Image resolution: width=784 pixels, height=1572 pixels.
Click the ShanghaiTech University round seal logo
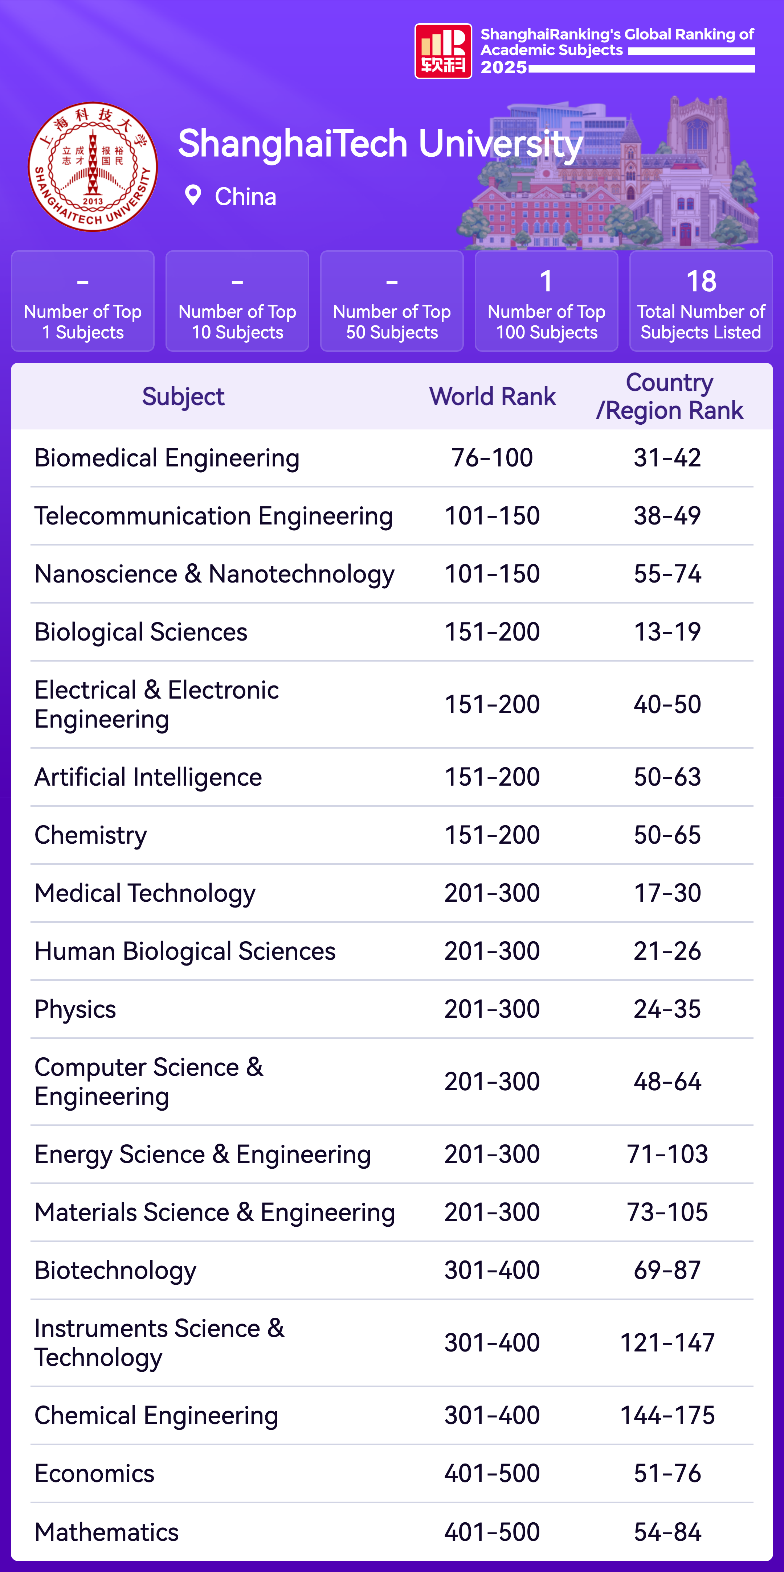point(93,166)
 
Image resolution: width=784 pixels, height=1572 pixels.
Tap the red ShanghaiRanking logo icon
point(443,51)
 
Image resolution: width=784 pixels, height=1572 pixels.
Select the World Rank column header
point(492,397)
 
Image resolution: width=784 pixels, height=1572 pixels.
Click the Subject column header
point(183,397)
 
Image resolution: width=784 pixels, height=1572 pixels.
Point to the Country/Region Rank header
point(669,397)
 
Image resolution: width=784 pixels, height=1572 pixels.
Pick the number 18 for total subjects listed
point(701,281)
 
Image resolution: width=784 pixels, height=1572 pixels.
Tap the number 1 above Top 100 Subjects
point(546,281)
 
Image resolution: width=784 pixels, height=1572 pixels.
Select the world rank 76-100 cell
point(492,458)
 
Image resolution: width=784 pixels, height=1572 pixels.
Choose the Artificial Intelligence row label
point(148,777)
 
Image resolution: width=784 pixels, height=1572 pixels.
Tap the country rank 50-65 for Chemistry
point(667,835)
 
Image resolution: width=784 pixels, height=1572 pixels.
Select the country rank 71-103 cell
point(667,1155)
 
